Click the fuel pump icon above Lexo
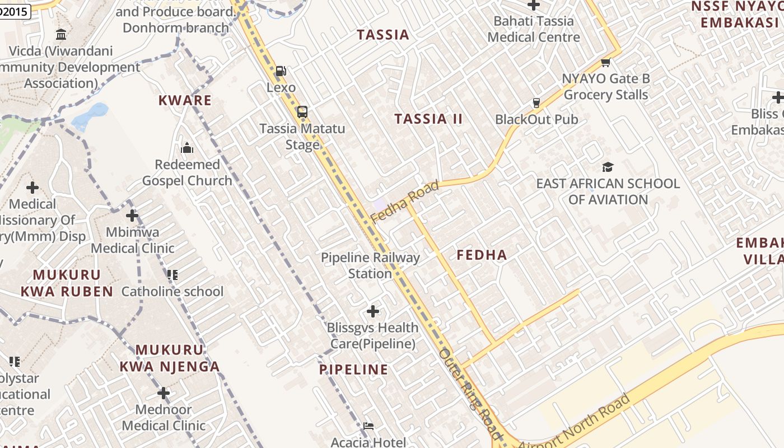pyautogui.click(x=281, y=71)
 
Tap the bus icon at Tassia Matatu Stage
pyautogui.click(x=302, y=111)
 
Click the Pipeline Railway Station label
pyautogui.click(x=370, y=265)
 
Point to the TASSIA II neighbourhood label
pyautogui.click(x=428, y=119)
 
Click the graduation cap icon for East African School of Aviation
pyautogui.click(x=608, y=167)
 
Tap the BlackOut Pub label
pyautogui.click(x=536, y=119)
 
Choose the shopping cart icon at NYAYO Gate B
pyautogui.click(x=605, y=62)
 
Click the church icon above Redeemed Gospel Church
pyautogui.click(x=187, y=148)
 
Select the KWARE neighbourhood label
pyautogui.click(x=185, y=101)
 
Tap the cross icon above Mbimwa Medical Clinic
pyautogui.click(x=132, y=215)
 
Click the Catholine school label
pyautogui.click(x=172, y=291)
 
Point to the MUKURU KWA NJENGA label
pyautogui.click(x=170, y=358)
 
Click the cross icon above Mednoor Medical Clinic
pyautogui.click(x=164, y=393)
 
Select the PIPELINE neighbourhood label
pyautogui.click(x=353, y=370)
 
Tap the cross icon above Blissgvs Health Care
pyautogui.click(x=373, y=311)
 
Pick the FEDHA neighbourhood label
pyautogui.click(x=482, y=255)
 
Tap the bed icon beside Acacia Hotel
pyautogui.click(x=368, y=427)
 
